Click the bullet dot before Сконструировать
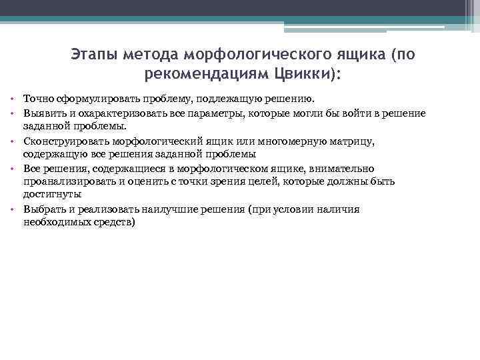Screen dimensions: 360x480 pos(13,142)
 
